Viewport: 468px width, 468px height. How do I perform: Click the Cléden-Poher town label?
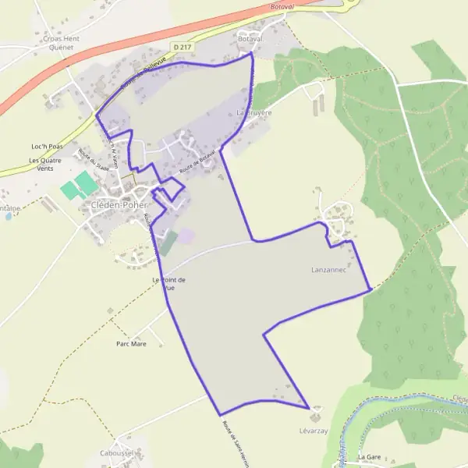pyautogui.click(x=114, y=207)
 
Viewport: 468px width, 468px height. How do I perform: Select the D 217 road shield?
pyautogui.click(x=183, y=48)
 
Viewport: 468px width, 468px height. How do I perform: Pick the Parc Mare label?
pyautogui.click(x=131, y=343)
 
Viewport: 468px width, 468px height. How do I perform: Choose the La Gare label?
pyautogui.click(x=372, y=456)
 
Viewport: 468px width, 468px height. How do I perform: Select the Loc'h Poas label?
pyautogui.click(x=46, y=146)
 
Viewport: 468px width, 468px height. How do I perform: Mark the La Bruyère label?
pyautogui.click(x=254, y=112)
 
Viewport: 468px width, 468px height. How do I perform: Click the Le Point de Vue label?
pyautogui.click(x=168, y=284)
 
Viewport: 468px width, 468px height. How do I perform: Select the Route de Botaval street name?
pyautogui.click(x=196, y=162)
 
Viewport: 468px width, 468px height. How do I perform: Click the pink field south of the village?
pyautogui.click(x=186, y=235)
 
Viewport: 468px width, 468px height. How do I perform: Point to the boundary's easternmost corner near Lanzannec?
pyautogui.click(x=368, y=290)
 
